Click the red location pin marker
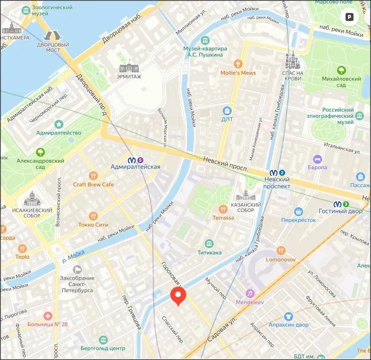click(178, 296)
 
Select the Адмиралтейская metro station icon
click(132, 160)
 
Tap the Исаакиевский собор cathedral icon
click(31, 199)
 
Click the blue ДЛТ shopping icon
click(227, 110)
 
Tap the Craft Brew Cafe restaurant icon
click(93, 175)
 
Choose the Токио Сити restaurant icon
click(93, 216)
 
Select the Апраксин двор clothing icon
click(288, 317)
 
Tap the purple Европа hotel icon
click(317, 158)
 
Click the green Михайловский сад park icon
click(342, 70)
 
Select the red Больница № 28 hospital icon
click(47, 316)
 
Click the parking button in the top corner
click(349, 16)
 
